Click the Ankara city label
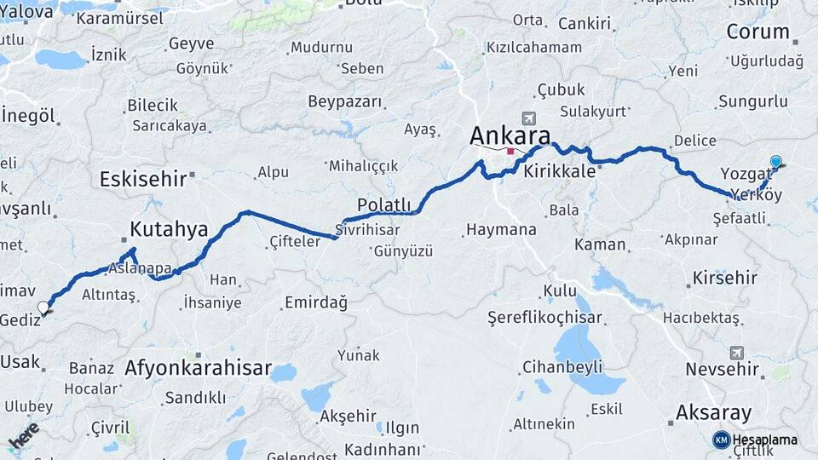coord(510,135)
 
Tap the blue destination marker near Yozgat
coord(775,162)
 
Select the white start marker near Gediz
coord(43,308)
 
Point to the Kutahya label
coord(169,228)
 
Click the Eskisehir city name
coord(142,179)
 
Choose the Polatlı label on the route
coord(384,205)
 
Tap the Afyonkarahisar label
coord(198,369)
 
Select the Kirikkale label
coord(559,170)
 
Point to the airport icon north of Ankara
coord(529,118)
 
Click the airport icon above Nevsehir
coord(736,352)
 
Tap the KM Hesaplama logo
coord(755,440)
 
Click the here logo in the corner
coord(23,434)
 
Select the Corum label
coord(758,32)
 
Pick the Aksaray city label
coord(714,413)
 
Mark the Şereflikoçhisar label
coord(544,318)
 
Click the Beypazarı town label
coord(345,101)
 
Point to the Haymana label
coord(501,229)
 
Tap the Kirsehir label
coord(724,278)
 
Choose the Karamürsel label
coord(132,18)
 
